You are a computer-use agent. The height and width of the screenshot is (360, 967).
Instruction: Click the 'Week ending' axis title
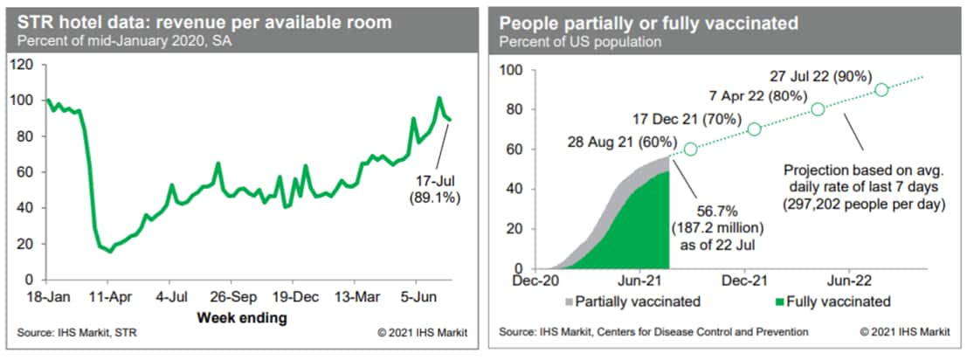pyautogui.click(x=242, y=317)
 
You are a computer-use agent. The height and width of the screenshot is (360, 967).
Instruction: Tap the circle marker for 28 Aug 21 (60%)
pyautogui.click(x=690, y=149)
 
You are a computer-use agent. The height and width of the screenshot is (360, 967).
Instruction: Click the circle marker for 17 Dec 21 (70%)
pyautogui.click(x=754, y=129)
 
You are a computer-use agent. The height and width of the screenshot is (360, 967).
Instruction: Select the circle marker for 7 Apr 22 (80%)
pyautogui.click(x=818, y=109)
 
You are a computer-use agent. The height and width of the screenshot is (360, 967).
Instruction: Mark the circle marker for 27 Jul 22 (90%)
pyautogui.click(x=881, y=89)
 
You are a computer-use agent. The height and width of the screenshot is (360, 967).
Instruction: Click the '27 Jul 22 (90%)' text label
pyautogui.click(x=818, y=76)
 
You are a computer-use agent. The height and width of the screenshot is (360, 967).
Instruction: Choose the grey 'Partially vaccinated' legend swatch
pyautogui.click(x=570, y=302)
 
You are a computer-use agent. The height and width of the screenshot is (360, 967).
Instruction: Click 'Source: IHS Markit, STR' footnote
pyautogui.click(x=77, y=333)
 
